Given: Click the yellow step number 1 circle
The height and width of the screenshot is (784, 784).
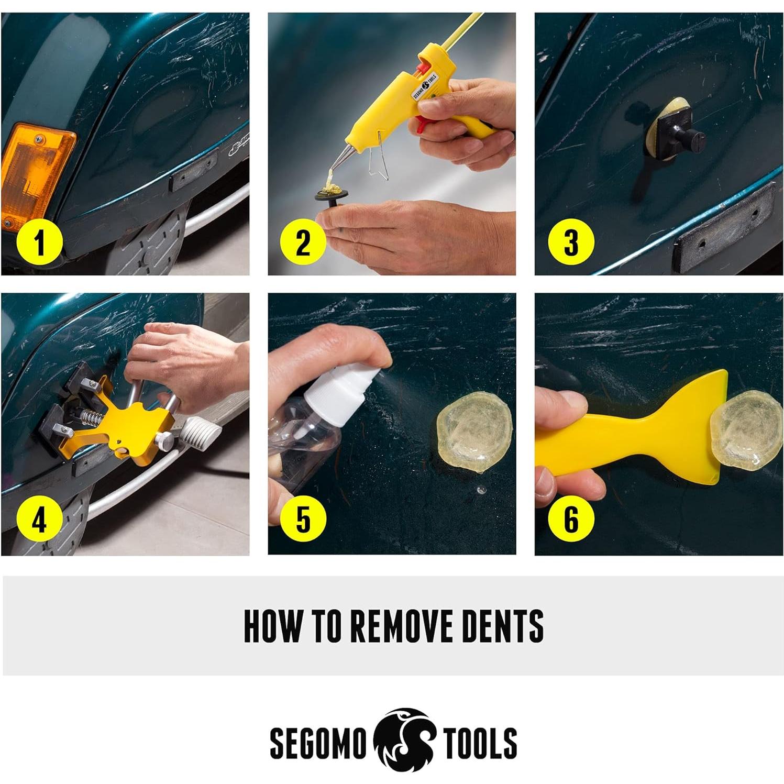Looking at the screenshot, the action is (40, 244).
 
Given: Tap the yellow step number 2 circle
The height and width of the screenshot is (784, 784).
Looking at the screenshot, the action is (303, 244).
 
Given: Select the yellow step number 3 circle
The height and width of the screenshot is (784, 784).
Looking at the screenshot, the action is (571, 244).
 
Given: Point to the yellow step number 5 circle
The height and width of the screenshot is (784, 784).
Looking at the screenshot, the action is (303, 520).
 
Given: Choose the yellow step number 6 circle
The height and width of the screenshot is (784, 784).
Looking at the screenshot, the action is (571, 520).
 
